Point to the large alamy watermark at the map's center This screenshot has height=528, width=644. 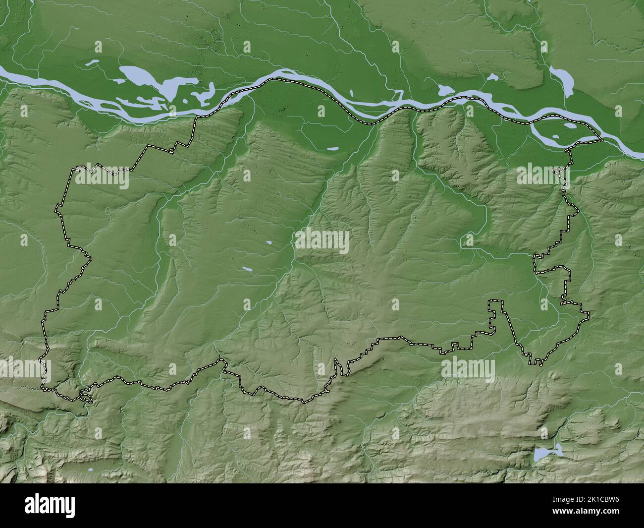(322, 242)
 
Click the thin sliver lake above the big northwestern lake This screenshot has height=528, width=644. (92, 63)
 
